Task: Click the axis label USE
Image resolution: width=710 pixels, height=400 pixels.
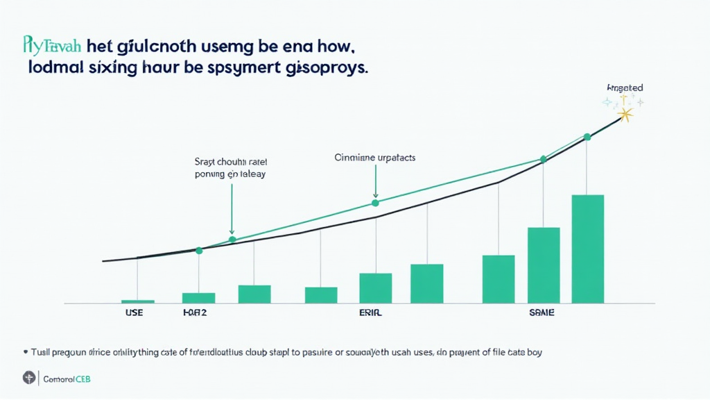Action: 134,313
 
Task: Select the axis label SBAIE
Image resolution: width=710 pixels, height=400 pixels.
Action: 541,313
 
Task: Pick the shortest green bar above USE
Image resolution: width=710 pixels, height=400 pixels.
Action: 138,301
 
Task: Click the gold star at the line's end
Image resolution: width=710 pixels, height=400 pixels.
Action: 626,114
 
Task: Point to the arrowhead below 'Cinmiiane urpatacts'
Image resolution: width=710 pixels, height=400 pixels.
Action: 375,194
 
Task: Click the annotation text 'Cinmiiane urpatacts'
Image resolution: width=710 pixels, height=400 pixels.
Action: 374,158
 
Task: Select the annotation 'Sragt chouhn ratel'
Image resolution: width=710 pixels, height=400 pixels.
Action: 230,161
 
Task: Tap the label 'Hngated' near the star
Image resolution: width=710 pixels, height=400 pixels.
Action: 624,88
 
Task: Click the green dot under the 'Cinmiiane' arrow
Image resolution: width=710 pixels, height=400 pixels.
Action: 375,203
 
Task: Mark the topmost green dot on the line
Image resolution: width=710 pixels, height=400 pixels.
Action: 587,137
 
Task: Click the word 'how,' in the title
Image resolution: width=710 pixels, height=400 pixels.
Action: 333,47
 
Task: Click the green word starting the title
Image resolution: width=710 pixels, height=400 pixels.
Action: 53,47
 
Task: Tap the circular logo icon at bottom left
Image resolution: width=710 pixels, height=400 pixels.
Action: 28,378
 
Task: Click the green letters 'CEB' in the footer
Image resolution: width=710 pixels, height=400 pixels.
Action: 81,379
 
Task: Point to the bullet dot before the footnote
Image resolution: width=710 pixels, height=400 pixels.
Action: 25,352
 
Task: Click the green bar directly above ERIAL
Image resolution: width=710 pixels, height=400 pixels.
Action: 375,288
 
